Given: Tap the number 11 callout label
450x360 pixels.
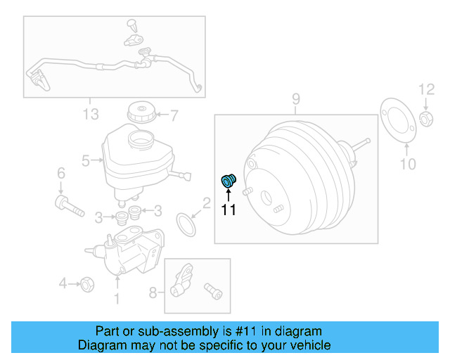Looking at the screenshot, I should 229,209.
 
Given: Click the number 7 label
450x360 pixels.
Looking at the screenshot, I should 174,115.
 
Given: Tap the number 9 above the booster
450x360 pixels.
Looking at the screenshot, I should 296,99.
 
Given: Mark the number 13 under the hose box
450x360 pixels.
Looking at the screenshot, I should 90,115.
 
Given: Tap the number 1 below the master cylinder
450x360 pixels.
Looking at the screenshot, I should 117,300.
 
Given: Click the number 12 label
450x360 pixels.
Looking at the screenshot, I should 427,89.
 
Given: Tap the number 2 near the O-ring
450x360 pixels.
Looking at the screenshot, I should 206,204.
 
